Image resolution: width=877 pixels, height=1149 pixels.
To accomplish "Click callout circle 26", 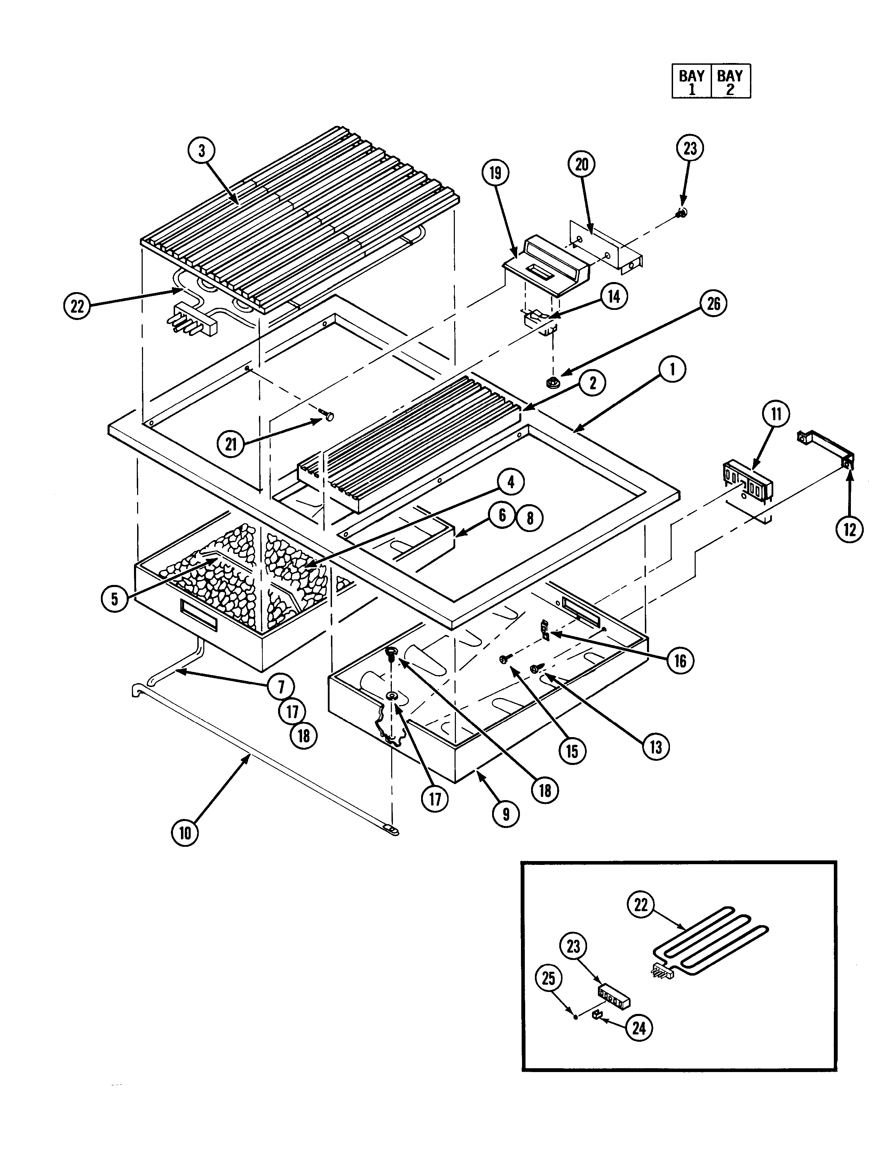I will (713, 304).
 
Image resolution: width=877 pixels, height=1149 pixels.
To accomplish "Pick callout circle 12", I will (849, 530).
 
